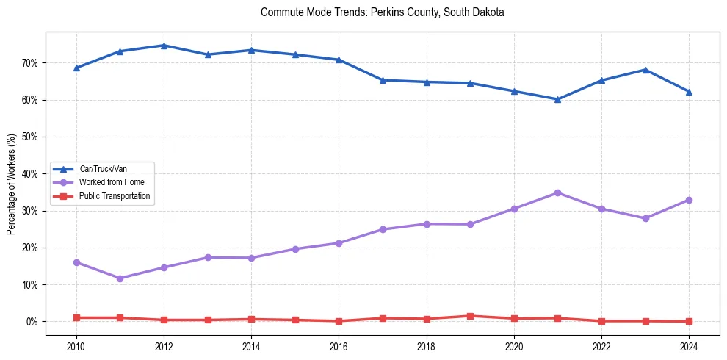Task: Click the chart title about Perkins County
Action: coord(382,12)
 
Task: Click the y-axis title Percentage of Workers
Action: coord(12,184)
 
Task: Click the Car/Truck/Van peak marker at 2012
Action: coord(164,46)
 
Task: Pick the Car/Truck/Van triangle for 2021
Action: coord(557,99)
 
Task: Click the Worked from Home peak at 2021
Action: coord(557,192)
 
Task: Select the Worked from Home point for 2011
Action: coord(120,278)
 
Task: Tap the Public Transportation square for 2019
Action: coord(470,316)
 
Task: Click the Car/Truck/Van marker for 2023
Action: coord(645,70)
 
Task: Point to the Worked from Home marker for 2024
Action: coord(689,200)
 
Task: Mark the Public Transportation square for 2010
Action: coord(76,317)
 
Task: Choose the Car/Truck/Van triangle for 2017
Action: coord(383,80)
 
